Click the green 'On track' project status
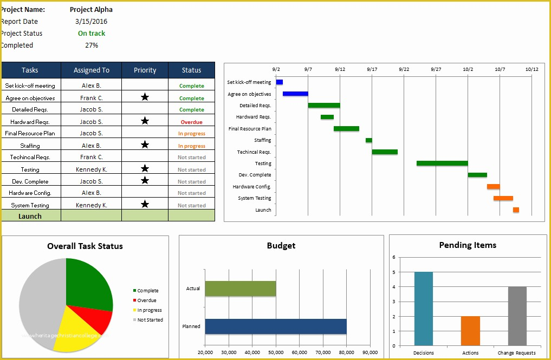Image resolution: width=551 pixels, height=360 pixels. (92, 34)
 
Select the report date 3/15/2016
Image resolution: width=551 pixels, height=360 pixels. (91, 22)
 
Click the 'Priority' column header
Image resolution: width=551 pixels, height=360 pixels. (145, 70)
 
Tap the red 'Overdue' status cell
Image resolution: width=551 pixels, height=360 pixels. (191, 122)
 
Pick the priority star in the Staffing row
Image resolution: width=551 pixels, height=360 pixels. (145, 145)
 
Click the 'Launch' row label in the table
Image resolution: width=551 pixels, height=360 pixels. (30, 216)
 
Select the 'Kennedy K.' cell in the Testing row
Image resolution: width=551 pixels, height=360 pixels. (91, 169)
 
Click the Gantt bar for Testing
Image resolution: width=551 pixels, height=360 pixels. (442, 163)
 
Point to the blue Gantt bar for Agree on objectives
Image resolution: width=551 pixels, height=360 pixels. (295, 94)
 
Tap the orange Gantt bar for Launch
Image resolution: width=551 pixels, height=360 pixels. (516, 210)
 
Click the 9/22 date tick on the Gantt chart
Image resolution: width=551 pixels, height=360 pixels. (404, 69)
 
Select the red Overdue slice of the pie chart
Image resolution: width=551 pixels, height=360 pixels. (98, 322)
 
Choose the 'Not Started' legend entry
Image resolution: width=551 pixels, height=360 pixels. (150, 320)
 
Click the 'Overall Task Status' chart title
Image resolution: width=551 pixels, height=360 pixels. (85, 246)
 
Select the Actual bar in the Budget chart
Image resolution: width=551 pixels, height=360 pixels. (241, 289)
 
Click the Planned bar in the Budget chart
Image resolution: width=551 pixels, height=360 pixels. (276, 326)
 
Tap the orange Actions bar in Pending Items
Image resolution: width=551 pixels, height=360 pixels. (470, 331)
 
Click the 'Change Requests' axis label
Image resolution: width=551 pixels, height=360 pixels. (517, 353)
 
